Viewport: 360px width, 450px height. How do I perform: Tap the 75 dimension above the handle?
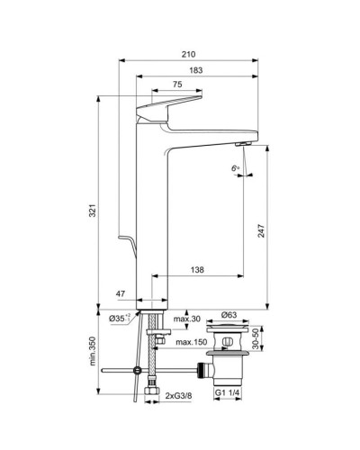coord(177,85)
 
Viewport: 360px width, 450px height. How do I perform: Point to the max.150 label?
coord(193,343)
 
